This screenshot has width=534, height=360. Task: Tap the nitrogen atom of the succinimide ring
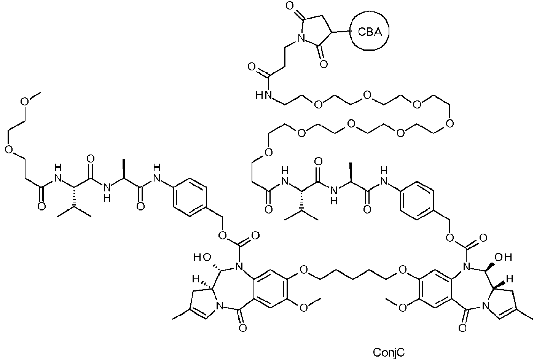[300, 38]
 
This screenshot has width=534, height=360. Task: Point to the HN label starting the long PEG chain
[264, 95]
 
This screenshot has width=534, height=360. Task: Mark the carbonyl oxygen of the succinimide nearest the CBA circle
[324, 64]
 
